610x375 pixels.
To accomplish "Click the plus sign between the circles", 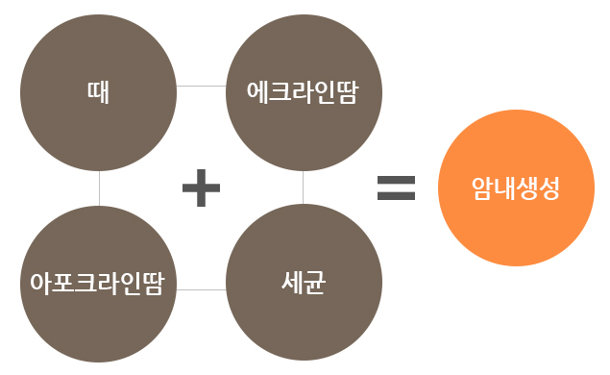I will coord(202,188).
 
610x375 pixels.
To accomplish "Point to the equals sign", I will coord(396,187).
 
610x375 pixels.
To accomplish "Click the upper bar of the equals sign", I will coord(396,180).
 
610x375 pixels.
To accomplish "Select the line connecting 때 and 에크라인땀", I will coord(201,86).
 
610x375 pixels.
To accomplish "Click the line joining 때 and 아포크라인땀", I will coord(99,187).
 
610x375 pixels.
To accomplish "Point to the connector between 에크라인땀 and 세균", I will coord(303,187).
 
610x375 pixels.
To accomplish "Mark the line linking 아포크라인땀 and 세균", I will coord(201,288).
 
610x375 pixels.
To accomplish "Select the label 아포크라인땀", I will coord(99,286).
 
